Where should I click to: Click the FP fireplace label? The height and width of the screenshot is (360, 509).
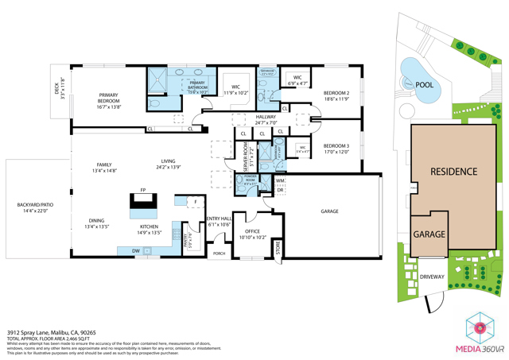pos(143,191)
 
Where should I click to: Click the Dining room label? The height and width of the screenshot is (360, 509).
pos(96,223)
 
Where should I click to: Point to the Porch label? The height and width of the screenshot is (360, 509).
pos(219,254)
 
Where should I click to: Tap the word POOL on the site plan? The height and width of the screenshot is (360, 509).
pos(424,83)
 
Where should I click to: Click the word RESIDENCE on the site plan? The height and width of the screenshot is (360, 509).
pos(453,171)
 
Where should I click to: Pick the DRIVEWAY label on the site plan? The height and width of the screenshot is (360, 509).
pos(433,277)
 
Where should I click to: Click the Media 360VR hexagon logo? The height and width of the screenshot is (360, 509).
pos(480,327)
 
